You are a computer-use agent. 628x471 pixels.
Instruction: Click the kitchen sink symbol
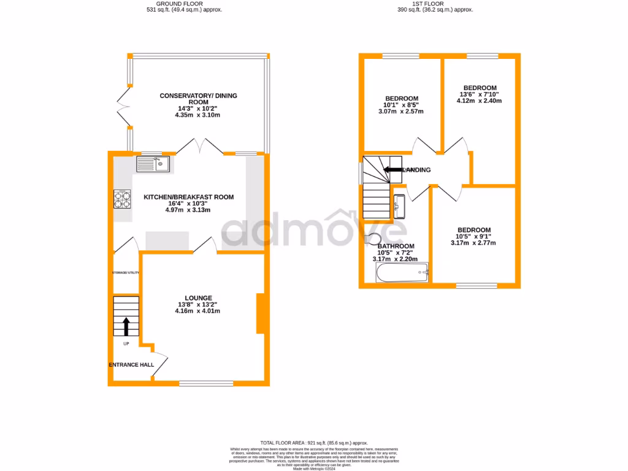pos(153,164)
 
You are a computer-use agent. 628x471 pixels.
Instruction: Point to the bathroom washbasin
pos(399,207)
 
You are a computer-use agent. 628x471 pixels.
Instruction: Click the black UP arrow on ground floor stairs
pos(126,326)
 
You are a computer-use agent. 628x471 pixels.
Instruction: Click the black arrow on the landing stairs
pos(393,170)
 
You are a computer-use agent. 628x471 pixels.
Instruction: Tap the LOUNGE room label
pos(197,297)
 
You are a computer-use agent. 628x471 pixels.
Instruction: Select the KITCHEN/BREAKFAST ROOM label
pos(188,197)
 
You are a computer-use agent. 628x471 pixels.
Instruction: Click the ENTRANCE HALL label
pos(131,365)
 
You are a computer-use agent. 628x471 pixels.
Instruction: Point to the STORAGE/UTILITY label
pos(126,272)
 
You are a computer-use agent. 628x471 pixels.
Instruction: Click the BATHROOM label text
pos(395,247)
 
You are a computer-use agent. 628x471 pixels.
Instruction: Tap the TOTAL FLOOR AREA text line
pos(314,442)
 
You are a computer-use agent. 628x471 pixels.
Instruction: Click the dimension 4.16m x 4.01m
pos(197,311)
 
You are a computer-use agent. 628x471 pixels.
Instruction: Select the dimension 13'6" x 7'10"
pos(479,94)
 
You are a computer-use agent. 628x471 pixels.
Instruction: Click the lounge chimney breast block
pos(260,313)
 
